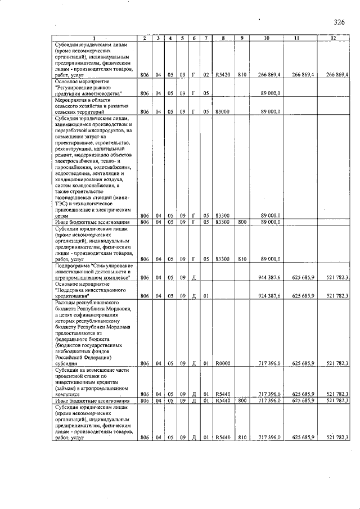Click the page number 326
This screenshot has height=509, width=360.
(339, 22)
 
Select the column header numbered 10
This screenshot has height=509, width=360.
(268, 38)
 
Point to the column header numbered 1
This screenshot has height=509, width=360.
(94, 38)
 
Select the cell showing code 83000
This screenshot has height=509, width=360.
(222, 111)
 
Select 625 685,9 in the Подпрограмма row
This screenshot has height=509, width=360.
(303, 278)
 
